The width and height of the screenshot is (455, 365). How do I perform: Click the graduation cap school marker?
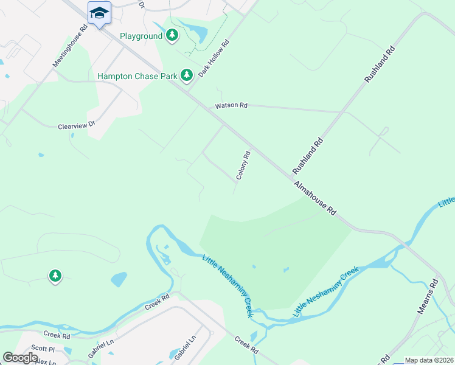click(x=99, y=12)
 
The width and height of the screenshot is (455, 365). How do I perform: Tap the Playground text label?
click(x=141, y=36)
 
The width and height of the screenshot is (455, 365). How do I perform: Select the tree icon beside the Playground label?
click(x=173, y=35)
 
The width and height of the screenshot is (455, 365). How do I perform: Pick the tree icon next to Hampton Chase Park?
click(x=186, y=75)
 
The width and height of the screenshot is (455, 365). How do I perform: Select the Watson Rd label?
click(x=231, y=106)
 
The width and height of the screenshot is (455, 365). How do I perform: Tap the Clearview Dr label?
click(x=77, y=126)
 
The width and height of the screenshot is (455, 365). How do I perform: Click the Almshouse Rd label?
click(x=315, y=198)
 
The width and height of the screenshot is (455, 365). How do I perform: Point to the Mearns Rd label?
click(x=428, y=296)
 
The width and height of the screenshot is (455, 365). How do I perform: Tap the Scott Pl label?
click(x=43, y=349)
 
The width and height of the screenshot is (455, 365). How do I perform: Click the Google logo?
click(x=20, y=358)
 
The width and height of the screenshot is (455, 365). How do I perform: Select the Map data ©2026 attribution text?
click(x=429, y=360)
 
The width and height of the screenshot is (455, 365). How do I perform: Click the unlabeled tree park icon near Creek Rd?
click(x=55, y=276)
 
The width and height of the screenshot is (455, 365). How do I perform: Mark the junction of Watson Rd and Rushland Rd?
click(x=341, y=113)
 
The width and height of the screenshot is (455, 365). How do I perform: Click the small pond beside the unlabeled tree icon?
click(x=119, y=279)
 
